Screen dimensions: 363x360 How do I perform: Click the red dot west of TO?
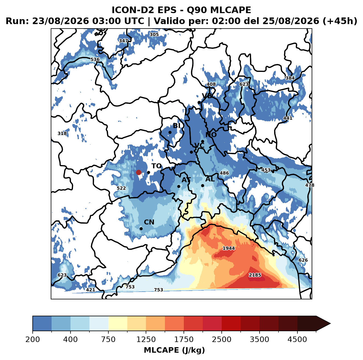139,172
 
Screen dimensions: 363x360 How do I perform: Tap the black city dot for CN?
141,229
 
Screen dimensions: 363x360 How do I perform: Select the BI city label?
176,126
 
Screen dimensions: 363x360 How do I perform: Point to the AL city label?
210,179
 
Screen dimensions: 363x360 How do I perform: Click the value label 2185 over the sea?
255,275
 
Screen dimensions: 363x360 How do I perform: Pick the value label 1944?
229,248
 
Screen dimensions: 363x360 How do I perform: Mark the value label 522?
121,188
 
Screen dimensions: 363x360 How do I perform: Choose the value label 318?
62,133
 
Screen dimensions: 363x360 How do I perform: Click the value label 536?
95,60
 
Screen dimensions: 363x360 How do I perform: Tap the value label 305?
154,35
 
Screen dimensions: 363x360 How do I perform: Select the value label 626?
303,260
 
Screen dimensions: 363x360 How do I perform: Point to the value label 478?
309,185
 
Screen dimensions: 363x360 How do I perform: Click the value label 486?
224,173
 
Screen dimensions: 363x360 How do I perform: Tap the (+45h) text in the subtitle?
340,21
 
